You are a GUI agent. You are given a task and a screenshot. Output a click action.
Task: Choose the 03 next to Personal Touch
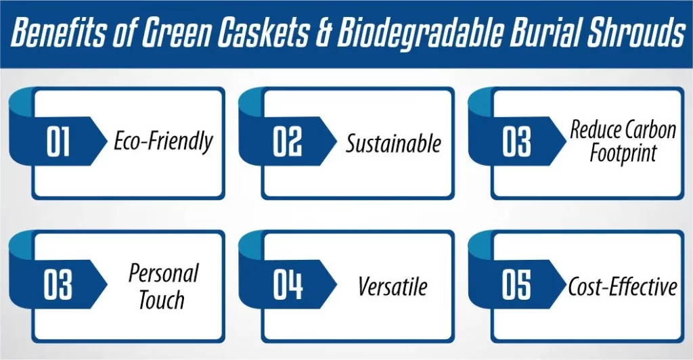coord(58,286)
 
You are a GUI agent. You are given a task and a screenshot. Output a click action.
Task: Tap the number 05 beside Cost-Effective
coord(517,286)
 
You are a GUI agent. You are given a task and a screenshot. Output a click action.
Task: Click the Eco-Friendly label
coord(163,141)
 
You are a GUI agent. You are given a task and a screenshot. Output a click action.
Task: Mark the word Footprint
coord(623,154)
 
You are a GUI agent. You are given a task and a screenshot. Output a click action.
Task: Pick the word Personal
coord(163,274)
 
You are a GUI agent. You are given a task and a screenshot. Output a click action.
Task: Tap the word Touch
coord(162,299)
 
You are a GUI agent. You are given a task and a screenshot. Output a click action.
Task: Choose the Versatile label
coord(393,286)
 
